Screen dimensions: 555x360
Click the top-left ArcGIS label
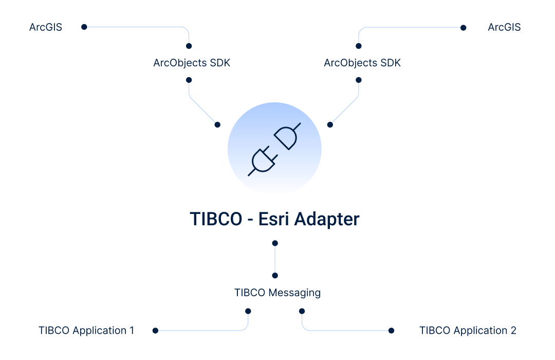point(46,27)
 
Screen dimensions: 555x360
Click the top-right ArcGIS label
point(504,27)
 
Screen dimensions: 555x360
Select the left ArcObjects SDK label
point(192,63)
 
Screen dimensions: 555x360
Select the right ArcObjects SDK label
point(362,63)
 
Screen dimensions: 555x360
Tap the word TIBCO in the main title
point(216,219)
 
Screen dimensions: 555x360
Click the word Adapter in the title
point(327,220)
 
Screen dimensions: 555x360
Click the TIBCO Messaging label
point(277,293)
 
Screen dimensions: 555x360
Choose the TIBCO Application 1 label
point(86,331)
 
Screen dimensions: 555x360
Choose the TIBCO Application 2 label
point(468,331)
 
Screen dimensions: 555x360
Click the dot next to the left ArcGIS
point(84,27)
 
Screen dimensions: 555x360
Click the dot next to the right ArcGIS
point(464,28)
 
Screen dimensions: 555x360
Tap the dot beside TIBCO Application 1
point(155,331)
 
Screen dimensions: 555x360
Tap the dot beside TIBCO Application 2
point(391,331)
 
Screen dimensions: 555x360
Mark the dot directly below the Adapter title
point(275,243)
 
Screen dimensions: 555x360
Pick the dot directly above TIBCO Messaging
point(275,276)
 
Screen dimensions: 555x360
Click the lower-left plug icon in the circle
point(263,161)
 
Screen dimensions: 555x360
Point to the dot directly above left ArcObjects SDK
point(189,46)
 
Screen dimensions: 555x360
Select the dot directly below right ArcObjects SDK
point(359,80)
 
